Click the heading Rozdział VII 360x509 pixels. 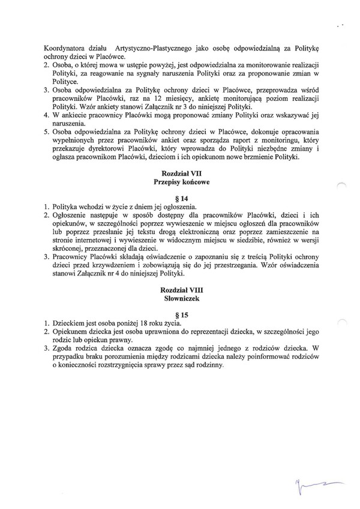tap(180, 173)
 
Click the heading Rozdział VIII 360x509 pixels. tap(180, 289)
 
